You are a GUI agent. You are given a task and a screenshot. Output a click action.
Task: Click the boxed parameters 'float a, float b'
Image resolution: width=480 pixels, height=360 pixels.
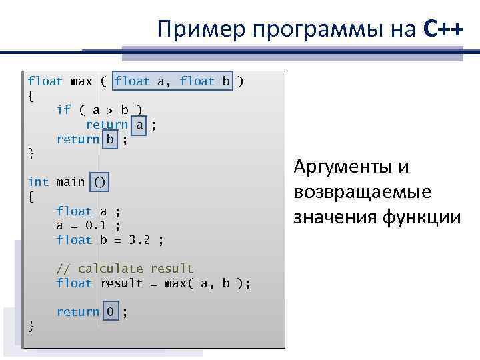tap(173, 81)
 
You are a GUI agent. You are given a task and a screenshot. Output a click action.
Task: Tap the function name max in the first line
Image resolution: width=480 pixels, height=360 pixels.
tap(81, 81)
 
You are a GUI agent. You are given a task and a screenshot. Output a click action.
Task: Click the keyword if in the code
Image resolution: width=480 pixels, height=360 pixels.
tap(64, 110)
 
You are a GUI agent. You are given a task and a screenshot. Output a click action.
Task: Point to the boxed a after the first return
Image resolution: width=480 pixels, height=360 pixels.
tap(139, 125)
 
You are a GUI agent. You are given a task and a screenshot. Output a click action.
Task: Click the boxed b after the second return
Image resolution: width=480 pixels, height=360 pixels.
tap(110, 139)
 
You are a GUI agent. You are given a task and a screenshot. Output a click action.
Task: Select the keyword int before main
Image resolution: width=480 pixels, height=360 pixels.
tap(38, 181)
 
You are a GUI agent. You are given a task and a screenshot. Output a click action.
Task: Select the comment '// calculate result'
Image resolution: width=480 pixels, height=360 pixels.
tap(125, 269)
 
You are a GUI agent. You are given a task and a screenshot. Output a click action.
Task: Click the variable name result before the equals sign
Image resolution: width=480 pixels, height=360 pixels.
tap(121, 283)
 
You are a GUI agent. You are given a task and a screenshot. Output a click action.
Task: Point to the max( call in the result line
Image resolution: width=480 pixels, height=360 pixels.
tap(179, 283)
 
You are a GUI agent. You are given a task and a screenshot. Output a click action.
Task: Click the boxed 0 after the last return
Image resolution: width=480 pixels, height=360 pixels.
tap(110, 312)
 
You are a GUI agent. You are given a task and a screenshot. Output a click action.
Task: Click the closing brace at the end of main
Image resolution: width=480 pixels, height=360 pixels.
tap(31, 326)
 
